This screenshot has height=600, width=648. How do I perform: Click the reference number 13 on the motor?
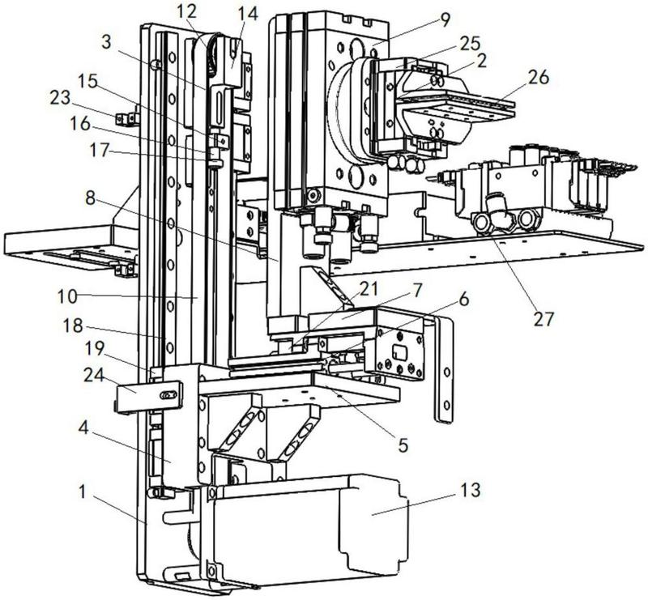coord(470,490)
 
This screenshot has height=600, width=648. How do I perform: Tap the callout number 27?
coord(543,318)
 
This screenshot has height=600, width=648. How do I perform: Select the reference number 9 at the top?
coord(445,20)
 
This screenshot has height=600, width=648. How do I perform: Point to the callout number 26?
coord(537,77)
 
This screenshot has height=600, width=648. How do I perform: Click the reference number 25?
coord(470,44)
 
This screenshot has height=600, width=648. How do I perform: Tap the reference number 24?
coord(95,375)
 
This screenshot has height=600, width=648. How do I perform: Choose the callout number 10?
coord(68,296)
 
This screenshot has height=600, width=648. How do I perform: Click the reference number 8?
coord(90,198)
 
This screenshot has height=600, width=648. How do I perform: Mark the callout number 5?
coord(403,445)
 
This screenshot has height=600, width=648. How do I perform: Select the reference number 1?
coord(83,491)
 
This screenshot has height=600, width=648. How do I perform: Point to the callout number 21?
coord(369,289)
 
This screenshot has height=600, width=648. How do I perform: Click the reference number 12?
coord(186,12)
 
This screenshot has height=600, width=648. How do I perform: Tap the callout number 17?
coord(100,150)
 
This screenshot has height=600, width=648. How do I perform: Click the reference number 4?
coord(83,428)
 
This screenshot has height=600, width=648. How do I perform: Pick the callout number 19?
coord(94,349)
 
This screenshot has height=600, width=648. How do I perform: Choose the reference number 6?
coord(463,298)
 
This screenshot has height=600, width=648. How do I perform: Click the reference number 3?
coord(107,42)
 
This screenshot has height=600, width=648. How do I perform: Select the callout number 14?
coord(248,13)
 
